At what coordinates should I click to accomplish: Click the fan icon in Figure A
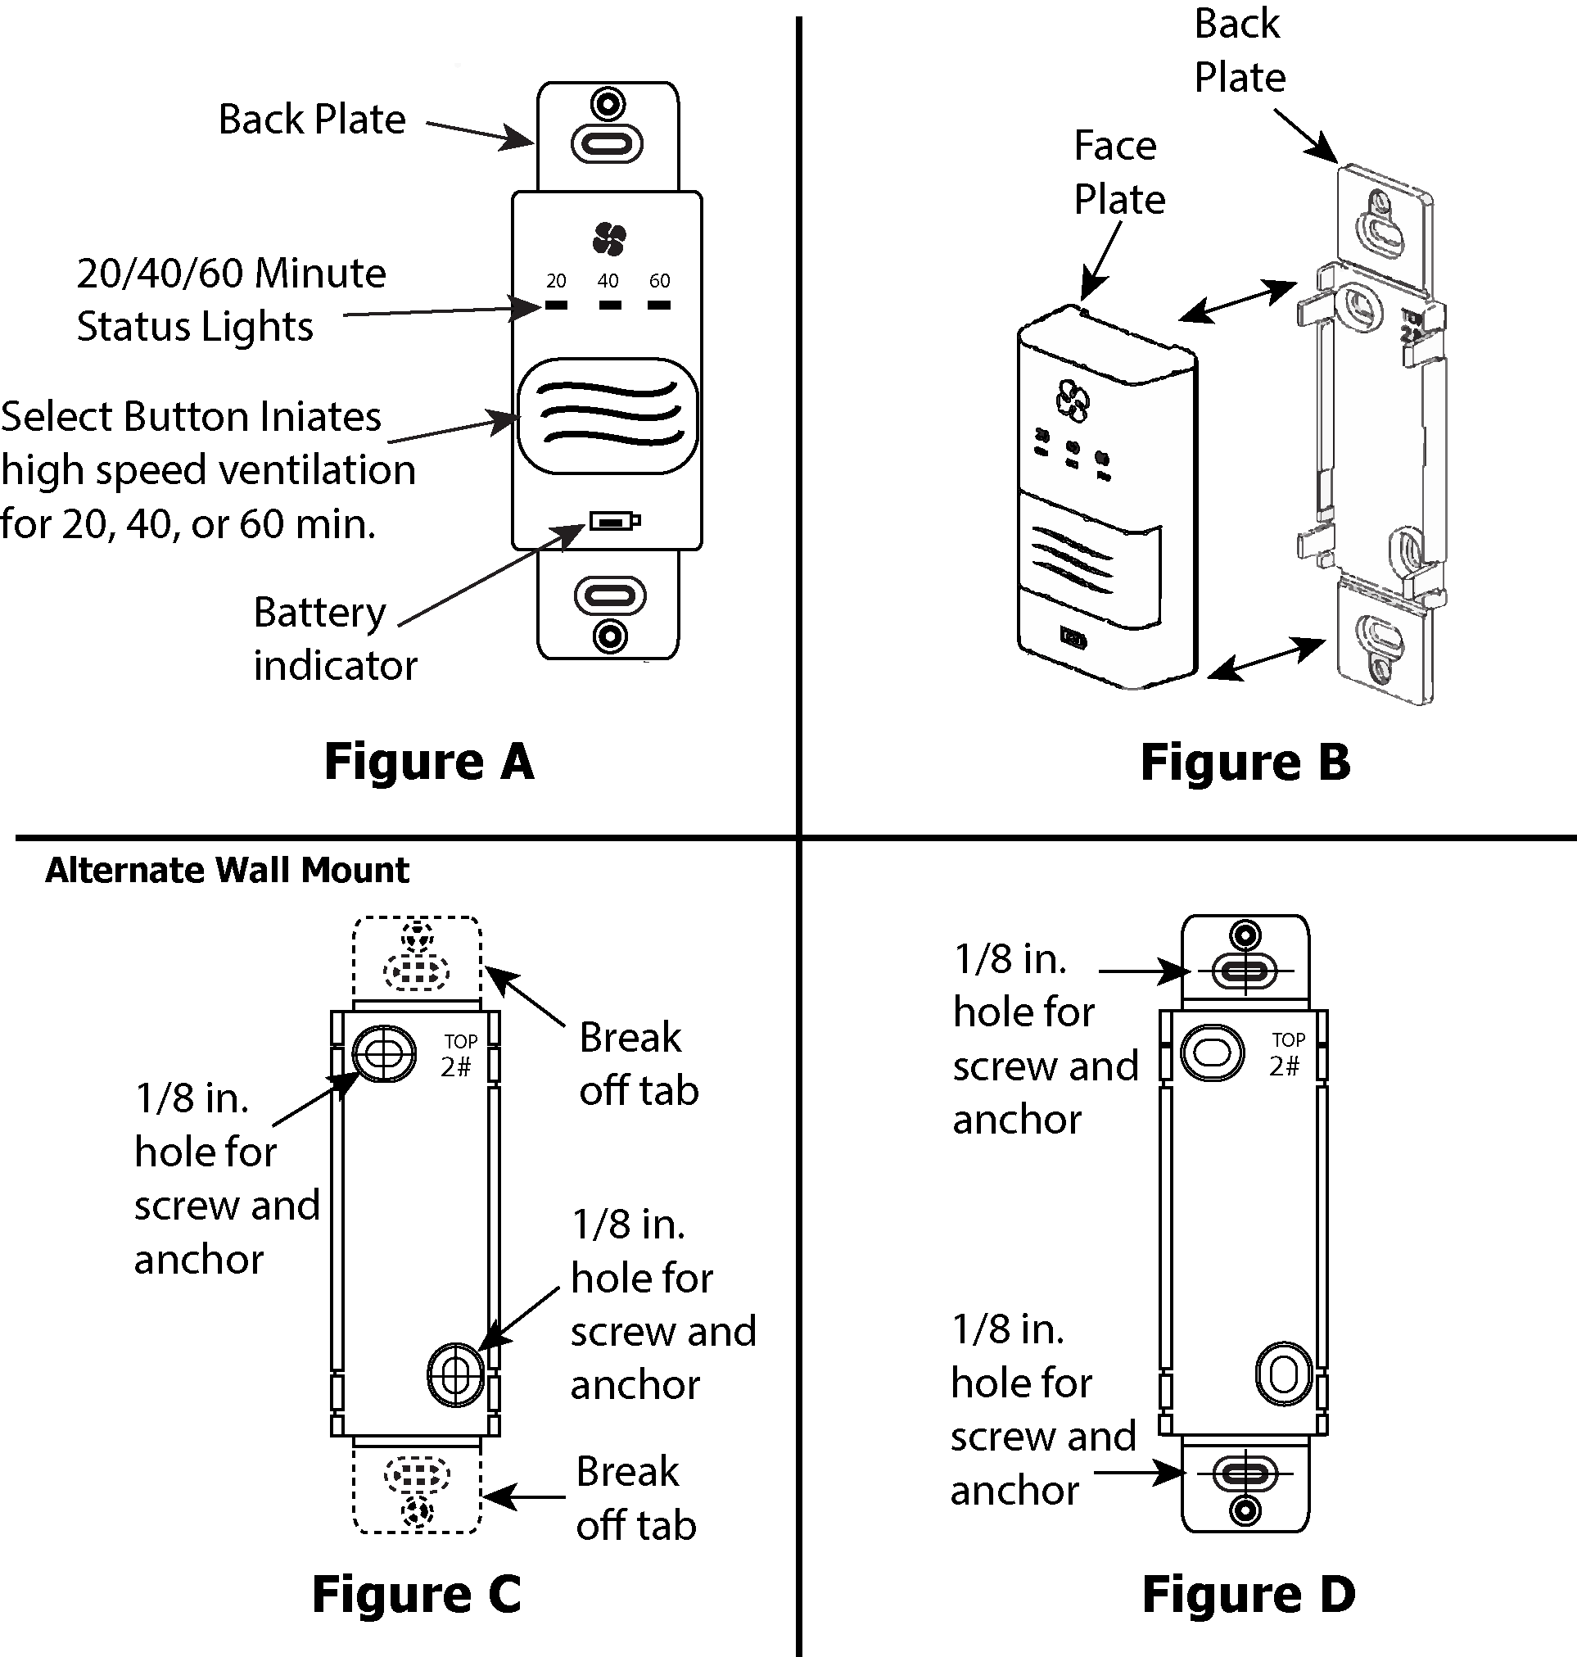(x=608, y=240)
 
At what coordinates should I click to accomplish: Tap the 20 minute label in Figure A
(x=557, y=281)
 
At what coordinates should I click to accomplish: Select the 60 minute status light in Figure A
(x=659, y=306)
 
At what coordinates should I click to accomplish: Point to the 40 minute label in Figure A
(x=608, y=281)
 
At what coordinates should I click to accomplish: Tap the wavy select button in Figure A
(x=607, y=415)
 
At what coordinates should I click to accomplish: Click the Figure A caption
(x=429, y=762)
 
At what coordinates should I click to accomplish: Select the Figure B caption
(x=1245, y=763)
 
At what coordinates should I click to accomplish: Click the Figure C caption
(x=416, y=1594)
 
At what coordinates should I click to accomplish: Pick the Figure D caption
(x=1249, y=1594)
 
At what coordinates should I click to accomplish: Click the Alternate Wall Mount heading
(x=227, y=870)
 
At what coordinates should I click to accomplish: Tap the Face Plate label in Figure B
(x=1118, y=173)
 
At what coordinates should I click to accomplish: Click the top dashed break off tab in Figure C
(x=417, y=958)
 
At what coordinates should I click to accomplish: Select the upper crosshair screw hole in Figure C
(x=383, y=1053)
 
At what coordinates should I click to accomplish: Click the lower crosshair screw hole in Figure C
(x=455, y=1374)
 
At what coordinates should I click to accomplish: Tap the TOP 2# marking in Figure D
(x=1287, y=1054)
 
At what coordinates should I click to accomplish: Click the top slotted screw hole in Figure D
(x=1245, y=971)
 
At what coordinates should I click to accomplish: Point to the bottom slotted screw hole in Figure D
(x=1245, y=1474)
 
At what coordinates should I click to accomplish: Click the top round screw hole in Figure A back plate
(x=607, y=106)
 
